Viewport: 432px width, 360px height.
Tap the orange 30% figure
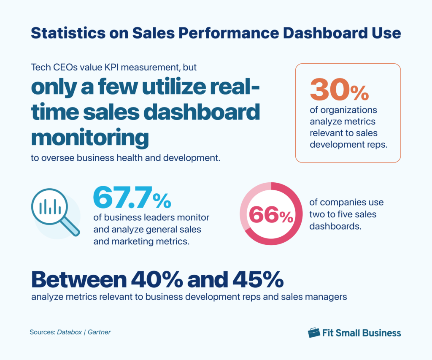pos(339,89)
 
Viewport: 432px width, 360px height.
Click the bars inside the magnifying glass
pos(50,207)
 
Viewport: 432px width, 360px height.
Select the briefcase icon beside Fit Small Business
pos(314,333)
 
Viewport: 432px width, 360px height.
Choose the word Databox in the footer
pos(69,332)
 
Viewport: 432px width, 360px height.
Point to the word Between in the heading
pos(78,279)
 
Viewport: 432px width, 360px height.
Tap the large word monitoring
pos(90,137)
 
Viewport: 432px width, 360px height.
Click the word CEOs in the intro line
pos(58,67)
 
